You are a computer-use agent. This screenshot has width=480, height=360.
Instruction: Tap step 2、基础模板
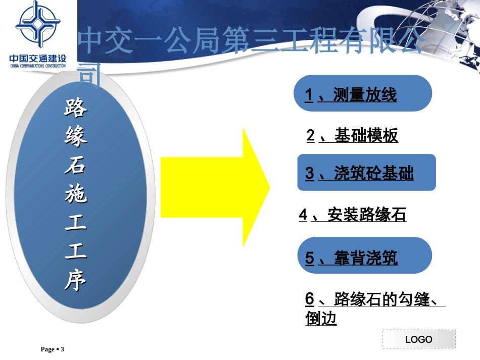click(353, 135)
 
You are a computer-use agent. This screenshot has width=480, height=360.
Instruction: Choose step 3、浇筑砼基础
click(360, 174)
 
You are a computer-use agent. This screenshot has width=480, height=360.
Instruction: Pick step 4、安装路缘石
click(353, 215)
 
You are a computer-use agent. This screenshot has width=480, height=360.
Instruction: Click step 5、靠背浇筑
click(352, 259)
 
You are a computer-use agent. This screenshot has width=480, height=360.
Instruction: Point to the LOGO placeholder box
click(418, 339)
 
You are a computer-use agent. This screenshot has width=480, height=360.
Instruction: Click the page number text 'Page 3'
click(53, 349)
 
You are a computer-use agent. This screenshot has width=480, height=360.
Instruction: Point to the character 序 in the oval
click(76, 281)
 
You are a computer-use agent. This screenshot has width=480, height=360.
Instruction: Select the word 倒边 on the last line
click(321, 319)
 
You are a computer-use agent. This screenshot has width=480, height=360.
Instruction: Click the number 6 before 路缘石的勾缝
click(310, 299)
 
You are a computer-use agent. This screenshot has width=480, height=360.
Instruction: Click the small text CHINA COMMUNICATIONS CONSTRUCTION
click(38, 66)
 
